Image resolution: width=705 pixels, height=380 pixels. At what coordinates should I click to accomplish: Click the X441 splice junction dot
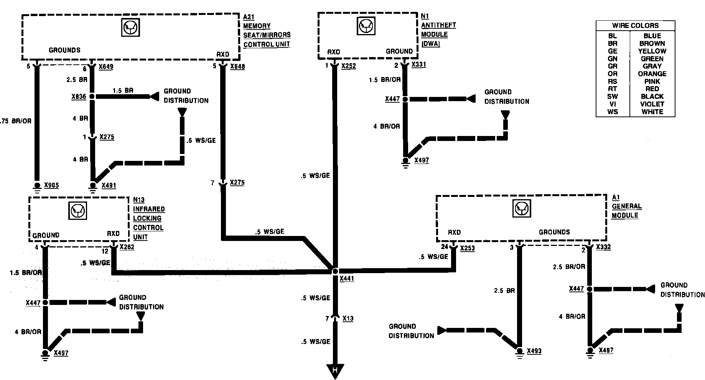pyautogui.click(x=335, y=271)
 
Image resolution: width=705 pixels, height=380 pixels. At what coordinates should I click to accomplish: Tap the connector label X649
pyautogui.click(x=106, y=67)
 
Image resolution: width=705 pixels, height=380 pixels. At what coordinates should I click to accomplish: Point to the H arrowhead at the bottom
pyautogui.click(x=335, y=371)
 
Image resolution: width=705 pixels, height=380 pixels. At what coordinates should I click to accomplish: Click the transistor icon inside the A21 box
pyautogui.click(x=130, y=28)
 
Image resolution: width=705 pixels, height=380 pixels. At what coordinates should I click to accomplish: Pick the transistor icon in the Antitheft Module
pyautogui.click(x=366, y=26)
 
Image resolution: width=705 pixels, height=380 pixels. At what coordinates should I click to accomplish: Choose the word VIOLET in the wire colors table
pyautogui.click(x=652, y=104)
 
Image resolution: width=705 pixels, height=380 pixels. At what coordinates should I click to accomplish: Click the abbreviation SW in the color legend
pyautogui.click(x=612, y=97)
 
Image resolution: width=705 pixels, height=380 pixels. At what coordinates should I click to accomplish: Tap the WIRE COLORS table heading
pyautogui.click(x=635, y=26)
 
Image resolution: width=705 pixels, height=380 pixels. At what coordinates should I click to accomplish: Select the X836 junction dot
pyautogui.click(x=92, y=97)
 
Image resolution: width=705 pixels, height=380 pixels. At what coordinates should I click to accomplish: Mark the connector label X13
pyautogui.click(x=348, y=319)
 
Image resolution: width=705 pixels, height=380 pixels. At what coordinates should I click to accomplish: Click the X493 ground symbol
pyautogui.click(x=519, y=351)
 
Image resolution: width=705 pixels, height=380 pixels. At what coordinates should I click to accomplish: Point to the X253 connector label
pyautogui.click(x=467, y=248)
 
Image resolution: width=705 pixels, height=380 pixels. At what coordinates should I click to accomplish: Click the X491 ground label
pyautogui.click(x=109, y=186)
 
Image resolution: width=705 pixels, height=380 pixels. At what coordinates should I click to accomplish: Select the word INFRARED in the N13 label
pyautogui.click(x=149, y=209)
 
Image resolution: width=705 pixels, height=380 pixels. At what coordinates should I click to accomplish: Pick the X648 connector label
pyautogui.click(x=237, y=67)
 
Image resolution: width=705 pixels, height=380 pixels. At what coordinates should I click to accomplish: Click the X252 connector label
pyautogui.click(x=349, y=66)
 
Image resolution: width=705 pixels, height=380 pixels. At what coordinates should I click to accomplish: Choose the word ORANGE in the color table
pyautogui.click(x=652, y=74)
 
